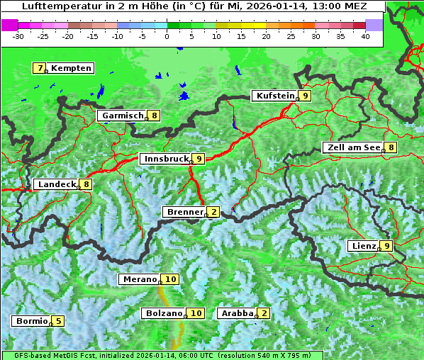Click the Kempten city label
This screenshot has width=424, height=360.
tap(71, 68)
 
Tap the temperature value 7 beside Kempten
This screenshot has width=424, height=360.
tap(40, 68)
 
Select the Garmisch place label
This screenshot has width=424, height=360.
tap(123, 116)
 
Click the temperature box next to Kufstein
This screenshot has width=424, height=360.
tap(305, 96)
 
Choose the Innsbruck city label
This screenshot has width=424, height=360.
tap(166, 159)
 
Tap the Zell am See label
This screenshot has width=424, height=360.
tap(352, 147)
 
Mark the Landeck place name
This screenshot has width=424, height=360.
tap(57, 184)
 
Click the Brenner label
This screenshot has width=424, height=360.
tap(184, 212)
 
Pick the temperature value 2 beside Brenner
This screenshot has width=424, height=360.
tap(213, 212)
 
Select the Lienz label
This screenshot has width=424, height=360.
tap(363, 246)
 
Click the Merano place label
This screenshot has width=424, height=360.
tap(140, 279)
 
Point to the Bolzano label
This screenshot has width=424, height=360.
tap(165, 313)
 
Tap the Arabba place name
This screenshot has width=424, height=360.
tap(238, 313)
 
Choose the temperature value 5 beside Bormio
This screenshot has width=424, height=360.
tap(57, 321)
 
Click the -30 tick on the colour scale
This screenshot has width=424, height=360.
tap(18, 35)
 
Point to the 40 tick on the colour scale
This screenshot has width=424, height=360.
tap(365, 35)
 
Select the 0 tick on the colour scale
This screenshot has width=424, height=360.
tap(167, 35)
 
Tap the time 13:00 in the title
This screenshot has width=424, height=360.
tap(326, 6)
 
